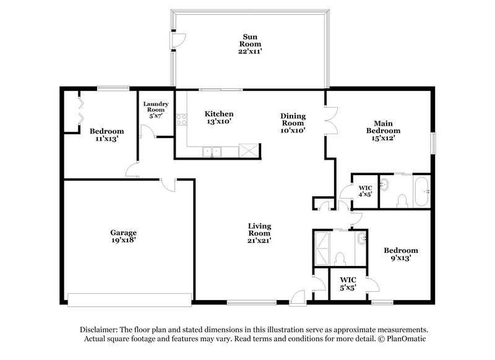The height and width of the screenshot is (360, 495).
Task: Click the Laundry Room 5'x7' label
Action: (x=155, y=109)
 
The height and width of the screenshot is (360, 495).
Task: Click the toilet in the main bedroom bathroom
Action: (x=401, y=200)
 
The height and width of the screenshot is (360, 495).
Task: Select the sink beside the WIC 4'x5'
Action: (x=384, y=184)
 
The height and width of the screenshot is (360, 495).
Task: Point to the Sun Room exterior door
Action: (x=178, y=39)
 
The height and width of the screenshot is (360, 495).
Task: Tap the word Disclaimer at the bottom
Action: (x=101, y=330)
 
